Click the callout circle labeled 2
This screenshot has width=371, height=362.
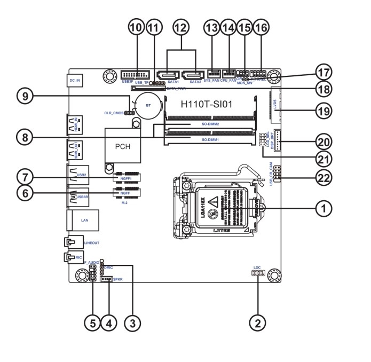pos(258,322)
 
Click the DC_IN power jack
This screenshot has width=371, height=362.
pos(74,82)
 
